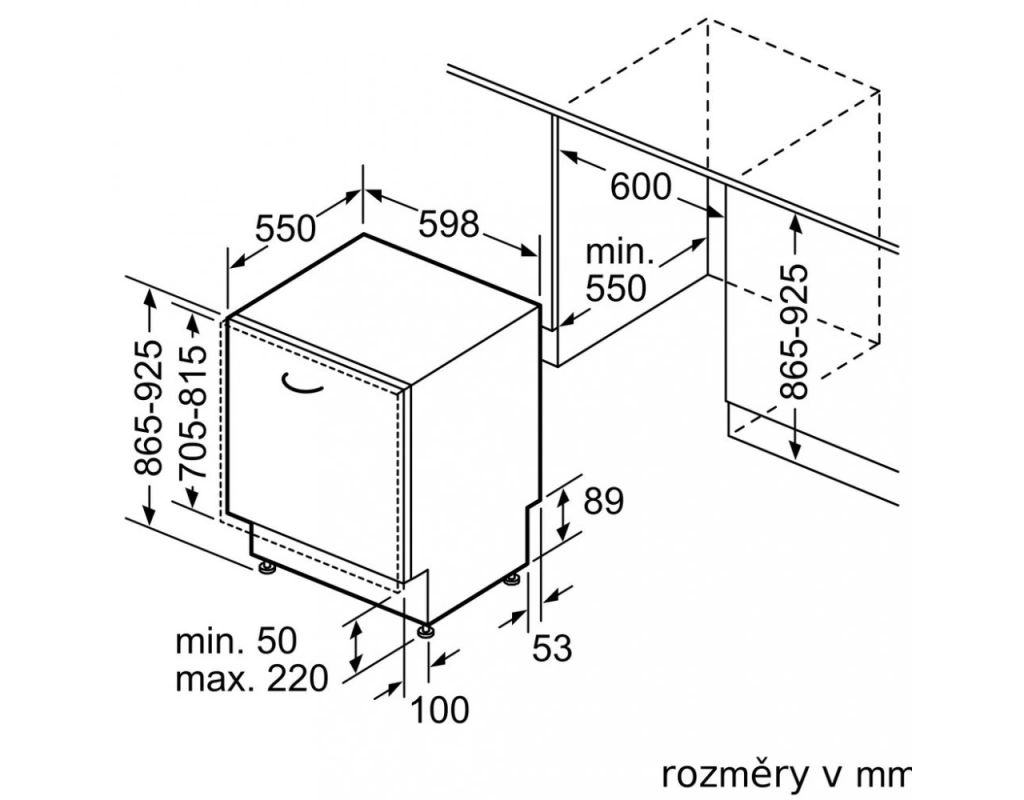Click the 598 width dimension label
pyautogui.click(x=449, y=224)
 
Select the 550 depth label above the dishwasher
pyautogui.click(x=285, y=229)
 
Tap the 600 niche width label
pyautogui.click(x=640, y=187)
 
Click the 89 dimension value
pyautogui.click(x=603, y=501)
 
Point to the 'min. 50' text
pyautogui.click(x=236, y=641)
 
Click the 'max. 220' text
pyautogui.click(x=252, y=680)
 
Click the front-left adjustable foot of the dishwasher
pyautogui.click(x=266, y=568)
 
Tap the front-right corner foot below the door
pyautogui.click(x=427, y=631)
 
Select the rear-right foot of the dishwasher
pyautogui.click(x=513, y=578)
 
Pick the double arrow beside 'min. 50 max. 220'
pyautogui.click(x=353, y=646)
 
